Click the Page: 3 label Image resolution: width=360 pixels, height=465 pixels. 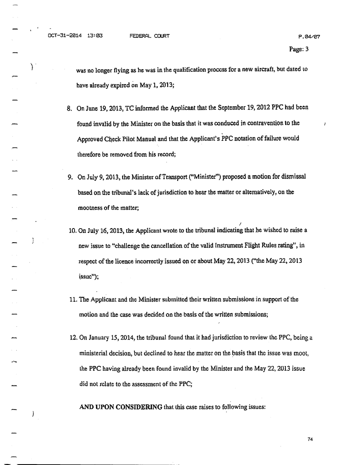pyautogui.click(x=299, y=49)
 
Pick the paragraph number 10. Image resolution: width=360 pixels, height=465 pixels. pyautogui.click(x=71, y=231)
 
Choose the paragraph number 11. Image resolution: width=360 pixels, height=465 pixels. pyautogui.click(x=71, y=299)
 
